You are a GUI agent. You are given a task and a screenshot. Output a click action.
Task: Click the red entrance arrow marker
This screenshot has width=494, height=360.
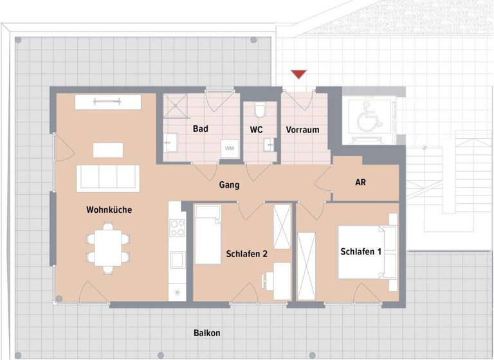point(298,75)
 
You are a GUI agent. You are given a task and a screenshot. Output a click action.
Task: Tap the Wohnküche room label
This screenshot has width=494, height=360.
point(109,210)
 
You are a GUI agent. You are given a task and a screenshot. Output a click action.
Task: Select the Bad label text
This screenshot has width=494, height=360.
point(201,129)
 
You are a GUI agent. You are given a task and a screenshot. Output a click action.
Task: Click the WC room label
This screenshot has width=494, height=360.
point(256,129)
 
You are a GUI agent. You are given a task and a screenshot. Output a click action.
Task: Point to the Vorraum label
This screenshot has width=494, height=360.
point(302,130)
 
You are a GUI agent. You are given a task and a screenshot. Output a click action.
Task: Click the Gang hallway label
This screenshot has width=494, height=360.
point(229,185)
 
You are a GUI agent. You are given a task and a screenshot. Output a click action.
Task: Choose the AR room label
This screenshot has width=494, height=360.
point(361,183)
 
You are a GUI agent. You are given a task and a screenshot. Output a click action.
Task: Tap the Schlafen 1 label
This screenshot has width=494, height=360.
point(361,251)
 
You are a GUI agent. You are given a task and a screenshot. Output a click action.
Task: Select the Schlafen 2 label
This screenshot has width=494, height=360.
point(247,255)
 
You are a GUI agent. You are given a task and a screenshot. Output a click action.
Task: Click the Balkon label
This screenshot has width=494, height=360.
point(207,333)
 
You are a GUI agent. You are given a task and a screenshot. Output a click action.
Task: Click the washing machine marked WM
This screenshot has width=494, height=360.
point(230,148)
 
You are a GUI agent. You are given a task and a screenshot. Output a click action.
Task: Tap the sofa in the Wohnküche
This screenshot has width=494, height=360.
point(107,178)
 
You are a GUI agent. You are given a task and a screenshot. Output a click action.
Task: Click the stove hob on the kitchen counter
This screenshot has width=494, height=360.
point(178,228)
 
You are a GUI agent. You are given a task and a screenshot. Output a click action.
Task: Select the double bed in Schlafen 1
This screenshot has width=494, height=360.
point(365,252)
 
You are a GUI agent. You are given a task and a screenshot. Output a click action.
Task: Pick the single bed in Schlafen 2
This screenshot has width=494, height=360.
point(208,235)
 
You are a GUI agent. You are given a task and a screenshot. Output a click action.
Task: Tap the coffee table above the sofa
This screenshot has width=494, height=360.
point(107,150)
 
